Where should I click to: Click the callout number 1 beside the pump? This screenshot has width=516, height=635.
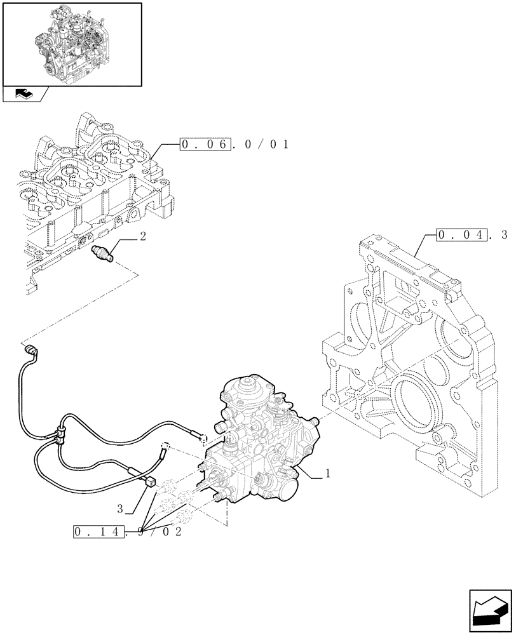(x=328, y=473)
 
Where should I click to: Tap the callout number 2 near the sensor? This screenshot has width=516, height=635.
(x=143, y=236)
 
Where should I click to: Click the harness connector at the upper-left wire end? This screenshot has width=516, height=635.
(x=29, y=349)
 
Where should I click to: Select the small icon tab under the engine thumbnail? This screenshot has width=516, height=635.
(x=24, y=94)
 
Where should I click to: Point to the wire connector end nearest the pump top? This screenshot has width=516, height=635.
(x=204, y=437)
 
